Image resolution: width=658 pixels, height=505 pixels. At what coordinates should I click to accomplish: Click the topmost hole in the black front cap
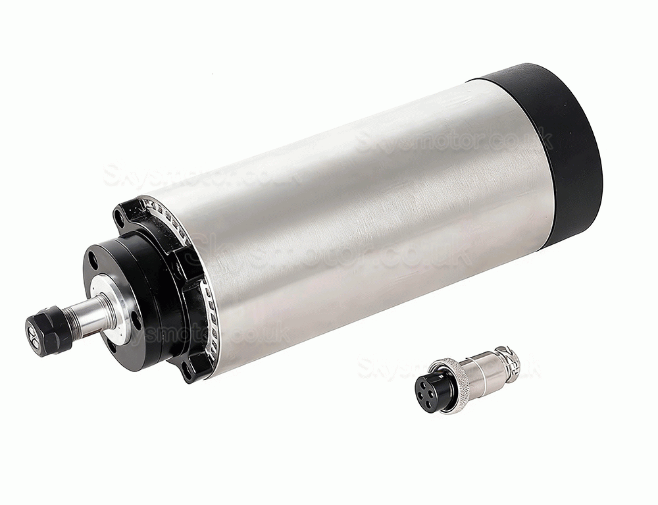point(93,263)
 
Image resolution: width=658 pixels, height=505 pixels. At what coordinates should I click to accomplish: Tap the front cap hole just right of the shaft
point(134,321)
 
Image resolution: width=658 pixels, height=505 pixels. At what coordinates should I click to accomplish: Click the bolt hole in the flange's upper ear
point(120,215)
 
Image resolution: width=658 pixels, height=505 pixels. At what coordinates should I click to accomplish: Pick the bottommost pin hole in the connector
point(431,400)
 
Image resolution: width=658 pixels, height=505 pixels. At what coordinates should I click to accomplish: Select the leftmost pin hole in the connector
point(421,388)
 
